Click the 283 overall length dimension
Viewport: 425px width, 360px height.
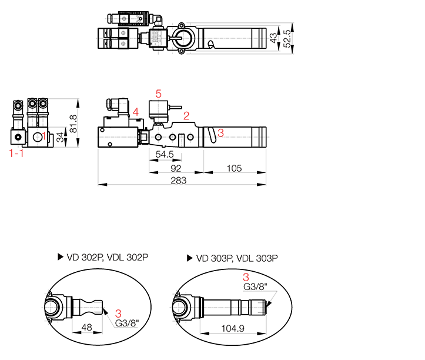click(x=179, y=181)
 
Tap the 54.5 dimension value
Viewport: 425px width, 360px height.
click(x=165, y=154)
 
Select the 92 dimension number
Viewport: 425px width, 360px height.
click(x=176, y=168)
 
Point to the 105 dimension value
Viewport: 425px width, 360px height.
click(x=234, y=168)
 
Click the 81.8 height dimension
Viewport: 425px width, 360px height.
click(x=73, y=124)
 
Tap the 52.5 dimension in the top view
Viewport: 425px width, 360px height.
click(x=287, y=38)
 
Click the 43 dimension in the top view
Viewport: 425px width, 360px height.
click(x=274, y=38)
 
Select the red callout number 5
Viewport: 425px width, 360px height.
click(x=158, y=94)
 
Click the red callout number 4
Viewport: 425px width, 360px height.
click(x=136, y=112)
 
